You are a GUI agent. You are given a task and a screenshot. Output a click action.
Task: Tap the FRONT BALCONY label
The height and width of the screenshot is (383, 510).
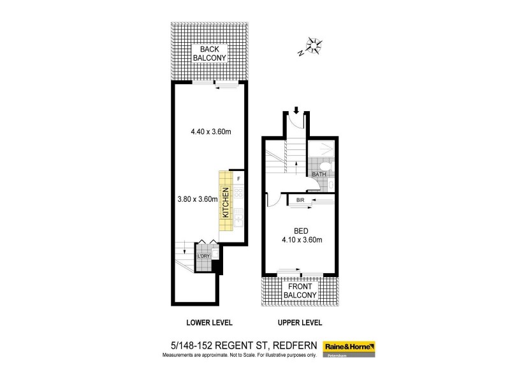pos(299,290)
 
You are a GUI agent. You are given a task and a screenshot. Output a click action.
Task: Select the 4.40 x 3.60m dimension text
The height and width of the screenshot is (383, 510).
pos(210,132)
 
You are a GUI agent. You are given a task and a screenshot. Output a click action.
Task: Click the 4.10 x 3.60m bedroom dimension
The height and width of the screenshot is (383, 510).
pos(300,240)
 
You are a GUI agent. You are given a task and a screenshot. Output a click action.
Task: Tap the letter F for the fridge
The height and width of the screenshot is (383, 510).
pos(238,179)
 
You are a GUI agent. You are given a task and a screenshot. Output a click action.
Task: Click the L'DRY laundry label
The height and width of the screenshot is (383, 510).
pos(204,256)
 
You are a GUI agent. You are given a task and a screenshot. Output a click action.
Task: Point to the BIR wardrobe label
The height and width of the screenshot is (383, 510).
pos(300,200)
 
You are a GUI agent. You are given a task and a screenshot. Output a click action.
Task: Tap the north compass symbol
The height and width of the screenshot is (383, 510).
pos(314,45)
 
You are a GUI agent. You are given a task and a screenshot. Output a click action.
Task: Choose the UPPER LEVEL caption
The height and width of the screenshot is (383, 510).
pos(299,322)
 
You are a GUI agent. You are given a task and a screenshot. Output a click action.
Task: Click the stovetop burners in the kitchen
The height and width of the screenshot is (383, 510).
pos(238,193)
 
